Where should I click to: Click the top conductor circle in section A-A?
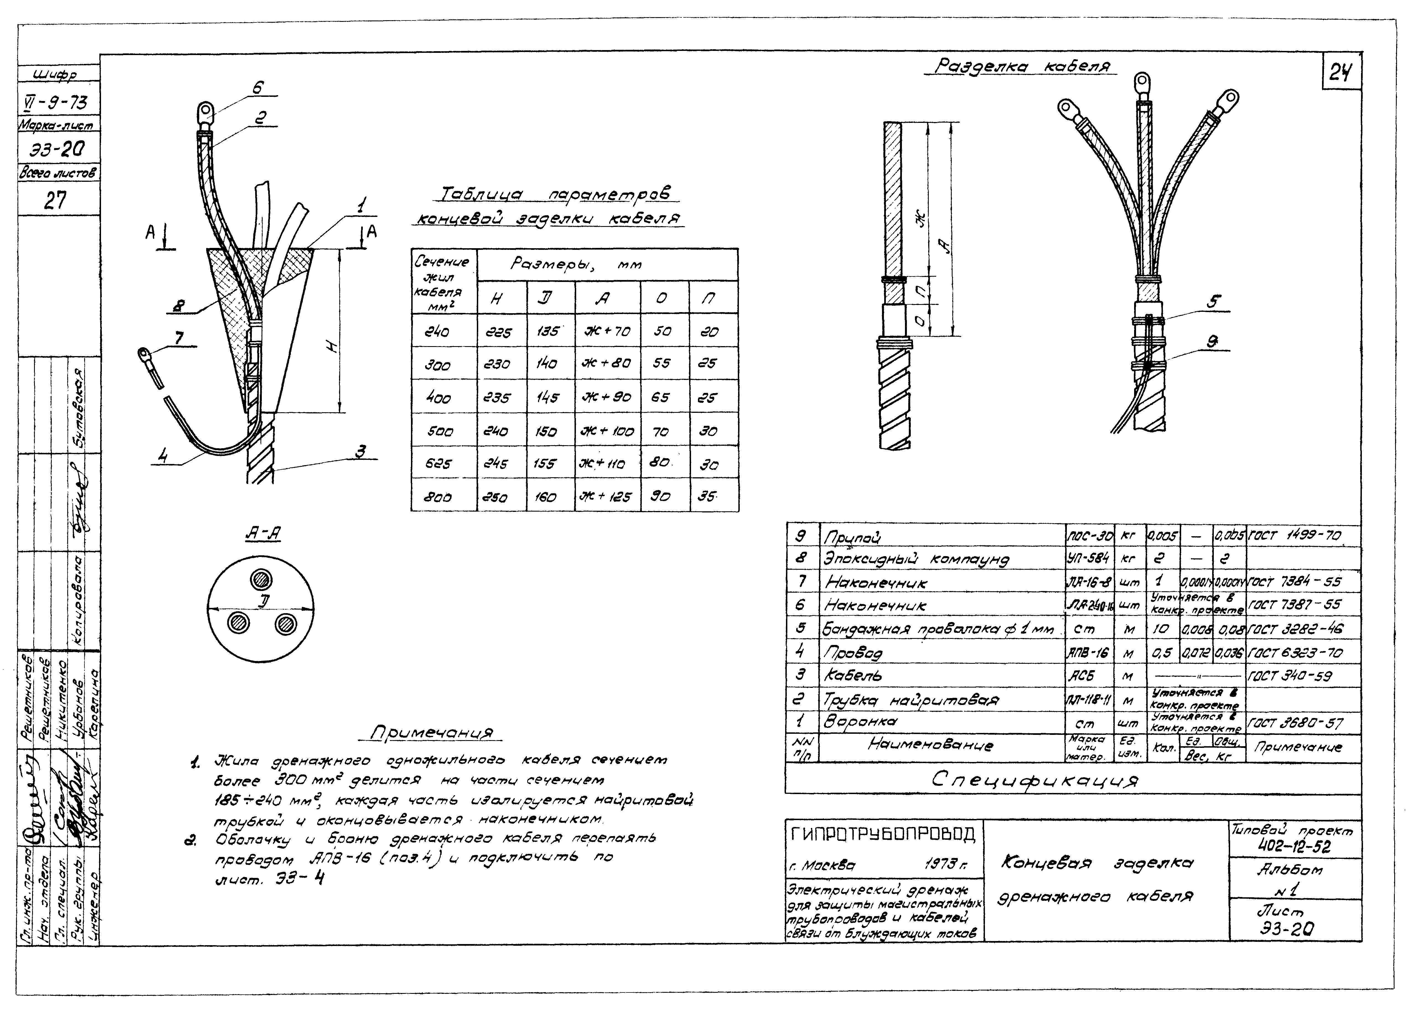click(260, 580)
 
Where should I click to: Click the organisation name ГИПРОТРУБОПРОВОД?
click(883, 834)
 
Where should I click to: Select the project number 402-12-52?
click(1294, 847)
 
